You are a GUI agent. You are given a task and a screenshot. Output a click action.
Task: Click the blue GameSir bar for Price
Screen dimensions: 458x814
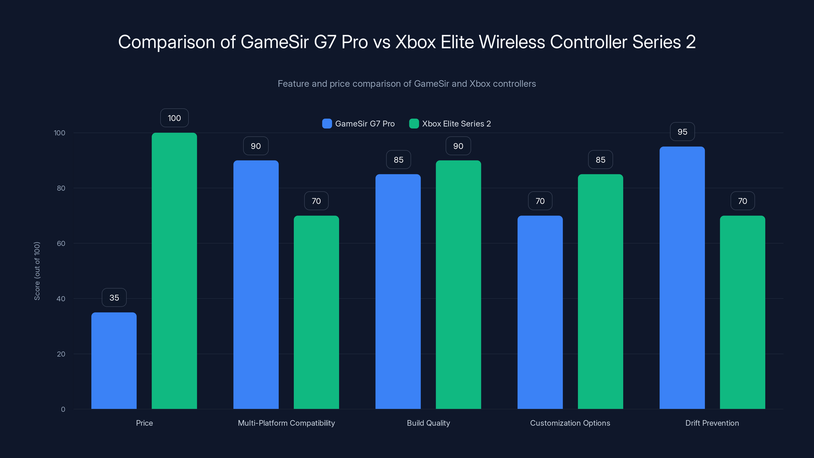point(114,360)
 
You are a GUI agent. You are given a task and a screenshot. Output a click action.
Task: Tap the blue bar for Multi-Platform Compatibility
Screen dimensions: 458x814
point(256,284)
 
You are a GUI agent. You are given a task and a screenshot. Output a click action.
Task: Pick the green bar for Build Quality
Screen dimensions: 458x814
point(458,284)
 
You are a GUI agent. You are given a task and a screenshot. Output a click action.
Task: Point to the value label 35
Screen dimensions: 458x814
point(114,297)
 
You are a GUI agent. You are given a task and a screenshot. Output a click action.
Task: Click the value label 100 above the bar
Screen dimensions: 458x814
point(174,118)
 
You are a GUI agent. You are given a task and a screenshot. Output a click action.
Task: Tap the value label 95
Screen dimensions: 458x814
point(682,132)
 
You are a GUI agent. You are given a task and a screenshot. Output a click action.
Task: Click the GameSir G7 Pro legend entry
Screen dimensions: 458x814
point(359,124)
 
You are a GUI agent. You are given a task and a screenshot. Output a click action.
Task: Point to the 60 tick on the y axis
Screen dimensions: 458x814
point(61,244)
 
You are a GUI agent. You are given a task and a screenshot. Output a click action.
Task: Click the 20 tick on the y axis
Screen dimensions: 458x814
point(61,354)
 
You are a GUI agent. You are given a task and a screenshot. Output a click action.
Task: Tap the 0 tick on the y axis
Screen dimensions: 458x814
point(63,409)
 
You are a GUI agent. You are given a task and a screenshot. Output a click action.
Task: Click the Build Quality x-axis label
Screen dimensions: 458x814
point(428,423)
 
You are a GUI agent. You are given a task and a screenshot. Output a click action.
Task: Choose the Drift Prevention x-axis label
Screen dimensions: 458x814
point(712,423)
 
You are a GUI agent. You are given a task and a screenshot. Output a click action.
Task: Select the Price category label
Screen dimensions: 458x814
point(144,423)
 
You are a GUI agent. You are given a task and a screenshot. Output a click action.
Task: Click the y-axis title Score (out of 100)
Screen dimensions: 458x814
point(37,271)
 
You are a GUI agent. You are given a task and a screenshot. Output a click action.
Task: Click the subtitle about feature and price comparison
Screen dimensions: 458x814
point(407,83)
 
